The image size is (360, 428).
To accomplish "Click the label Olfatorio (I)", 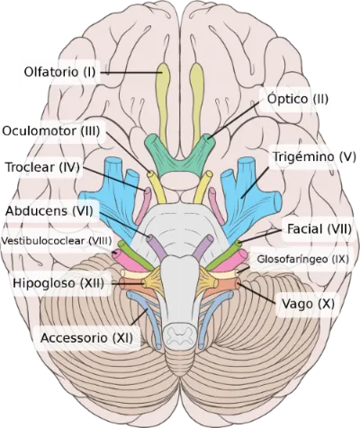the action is tap(59, 72).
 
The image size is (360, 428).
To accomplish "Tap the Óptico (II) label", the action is tap(298, 99).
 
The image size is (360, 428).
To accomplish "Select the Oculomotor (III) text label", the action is tap(51, 131).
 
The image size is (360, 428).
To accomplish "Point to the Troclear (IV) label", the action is tap(42, 167).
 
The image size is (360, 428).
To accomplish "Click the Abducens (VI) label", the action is tap(49, 210).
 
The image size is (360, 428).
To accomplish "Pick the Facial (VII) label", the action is tap(319, 229).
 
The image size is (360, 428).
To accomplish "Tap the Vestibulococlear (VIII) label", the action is tap(57, 241).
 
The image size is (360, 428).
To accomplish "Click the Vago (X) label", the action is tap(308, 304).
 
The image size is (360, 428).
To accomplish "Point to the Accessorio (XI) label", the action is tap(86, 338).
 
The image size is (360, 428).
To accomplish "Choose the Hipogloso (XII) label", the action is tap(58, 283).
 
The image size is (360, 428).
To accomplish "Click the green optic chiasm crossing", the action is tap(180, 156).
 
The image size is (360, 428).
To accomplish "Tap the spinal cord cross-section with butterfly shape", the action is tap(180, 334).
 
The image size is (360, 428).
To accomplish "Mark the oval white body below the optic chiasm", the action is tap(180, 181).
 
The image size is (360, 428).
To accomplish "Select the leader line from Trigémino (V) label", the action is tap(255, 182).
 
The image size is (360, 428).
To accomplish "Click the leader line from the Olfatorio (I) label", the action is tap(131, 73).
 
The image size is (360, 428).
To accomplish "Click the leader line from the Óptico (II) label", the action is tap(233, 120).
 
